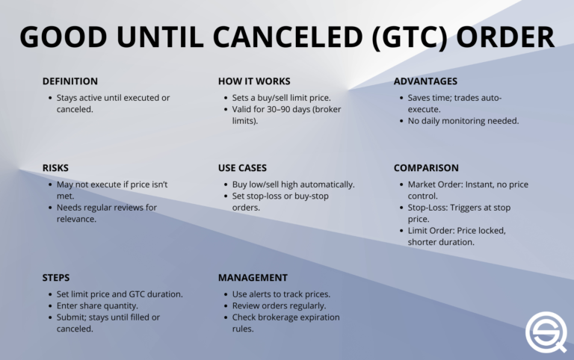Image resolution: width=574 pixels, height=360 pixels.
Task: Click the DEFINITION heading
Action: point(70,81)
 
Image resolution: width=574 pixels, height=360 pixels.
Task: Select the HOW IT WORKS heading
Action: point(254,81)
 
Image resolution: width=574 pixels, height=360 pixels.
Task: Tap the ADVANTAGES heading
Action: point(425,81)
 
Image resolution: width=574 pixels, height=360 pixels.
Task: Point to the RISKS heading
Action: point(55,168)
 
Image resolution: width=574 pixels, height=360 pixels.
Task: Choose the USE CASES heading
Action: point(242,168)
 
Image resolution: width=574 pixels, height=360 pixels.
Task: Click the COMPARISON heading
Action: point(425,168)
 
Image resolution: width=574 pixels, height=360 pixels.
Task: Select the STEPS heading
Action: point(56,278)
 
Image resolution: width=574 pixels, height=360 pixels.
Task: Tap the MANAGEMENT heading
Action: point(253,278)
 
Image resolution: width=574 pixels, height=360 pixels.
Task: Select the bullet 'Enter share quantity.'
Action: point(97,305)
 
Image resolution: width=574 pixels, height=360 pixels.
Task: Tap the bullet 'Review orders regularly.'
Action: point(279,305)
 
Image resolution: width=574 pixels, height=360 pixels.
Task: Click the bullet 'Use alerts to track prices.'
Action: point(282,294)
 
